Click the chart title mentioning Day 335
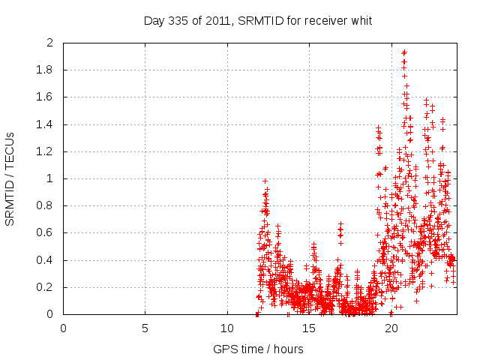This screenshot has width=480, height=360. [x=258, y=20]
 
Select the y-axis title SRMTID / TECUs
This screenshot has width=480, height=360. [x=10, y=179]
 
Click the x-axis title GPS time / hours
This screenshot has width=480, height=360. [x=258, y=349]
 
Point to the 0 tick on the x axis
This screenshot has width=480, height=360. [x=63, y=328]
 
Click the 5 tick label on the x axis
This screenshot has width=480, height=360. [x=145, y=328]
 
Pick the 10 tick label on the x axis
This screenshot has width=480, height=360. [x=226, y=328]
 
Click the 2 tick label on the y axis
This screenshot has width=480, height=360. [x=49, y=43]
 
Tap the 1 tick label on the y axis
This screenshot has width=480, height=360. [x=49, y=178]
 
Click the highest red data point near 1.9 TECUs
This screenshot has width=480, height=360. [x=404, y=52]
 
